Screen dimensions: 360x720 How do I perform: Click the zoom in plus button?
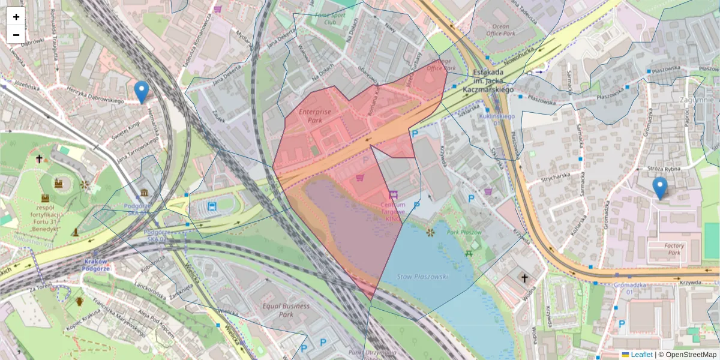pos(16,17)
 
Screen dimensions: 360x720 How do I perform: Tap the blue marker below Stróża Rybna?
pos(660,188)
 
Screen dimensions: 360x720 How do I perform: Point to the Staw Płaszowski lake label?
pos(423,276)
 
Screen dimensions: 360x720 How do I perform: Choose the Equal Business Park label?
pos(286,310)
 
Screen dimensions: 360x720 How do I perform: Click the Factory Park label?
pos(674,249)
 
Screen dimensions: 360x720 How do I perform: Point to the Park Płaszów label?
pos(464,232)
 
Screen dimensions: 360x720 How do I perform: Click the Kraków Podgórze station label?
pos(95,265)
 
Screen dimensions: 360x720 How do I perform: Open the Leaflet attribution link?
pos(641,355)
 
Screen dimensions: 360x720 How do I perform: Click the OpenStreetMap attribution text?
pos(691,355)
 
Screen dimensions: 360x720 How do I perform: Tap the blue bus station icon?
pos(212,206)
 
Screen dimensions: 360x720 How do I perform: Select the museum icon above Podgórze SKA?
pos(145,193)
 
